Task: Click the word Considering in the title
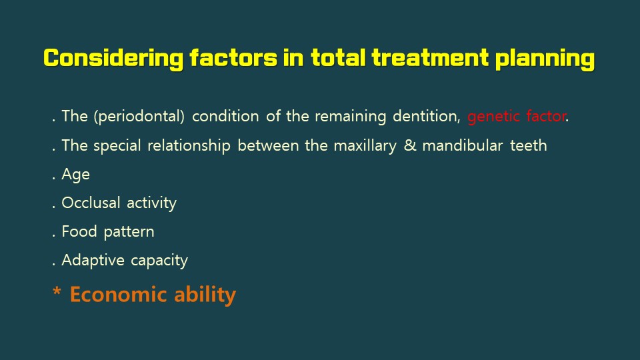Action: pyautogui.click(x=113, y=59)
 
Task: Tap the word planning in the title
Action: pyautogui.click(x=545, y=59)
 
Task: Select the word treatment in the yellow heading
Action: pyautogui.click(x=430, y=57)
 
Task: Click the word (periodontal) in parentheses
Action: pyautogui.click(x=139, y=116)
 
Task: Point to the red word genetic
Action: pyautogui.click(x=493, y=117)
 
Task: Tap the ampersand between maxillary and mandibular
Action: pyautogui.click(x=410, y=145)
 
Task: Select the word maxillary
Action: pyautogui.click(x=365, y=146)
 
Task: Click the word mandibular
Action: pyautogui.click(x=463, y=145)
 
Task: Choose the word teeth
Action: pyautogui.click(x=529, y=145)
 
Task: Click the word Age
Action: pyautogui.click(x=75, y=175)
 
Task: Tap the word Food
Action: pyautogui.click(x=79, y=231)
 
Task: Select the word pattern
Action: pyautogui.click(x=129, y=232)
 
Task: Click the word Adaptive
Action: pyautogui.click(x=93, y=261)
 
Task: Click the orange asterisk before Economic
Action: pyautogui.click(x=57, y=291)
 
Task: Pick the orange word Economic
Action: pyautogui.click(x=119, y=294)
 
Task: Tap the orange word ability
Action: pyautogui.click(x=205, y=295)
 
